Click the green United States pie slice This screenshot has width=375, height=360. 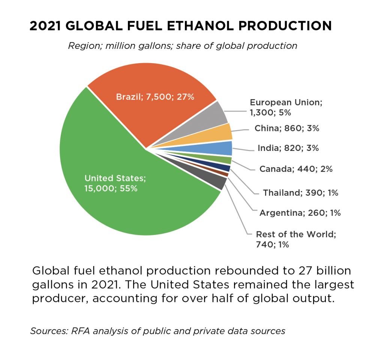124,203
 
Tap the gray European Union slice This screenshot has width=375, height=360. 216,114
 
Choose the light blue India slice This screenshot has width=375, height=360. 224,148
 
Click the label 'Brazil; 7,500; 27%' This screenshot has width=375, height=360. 155,97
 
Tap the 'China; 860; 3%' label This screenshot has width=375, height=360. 287,128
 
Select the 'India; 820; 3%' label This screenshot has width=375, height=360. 288,148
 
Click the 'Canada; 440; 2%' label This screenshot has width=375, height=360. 296,169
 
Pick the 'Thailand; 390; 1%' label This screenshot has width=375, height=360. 300,193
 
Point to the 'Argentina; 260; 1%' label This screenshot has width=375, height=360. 300,213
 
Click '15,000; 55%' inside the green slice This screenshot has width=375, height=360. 111,188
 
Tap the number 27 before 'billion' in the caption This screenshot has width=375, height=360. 299,271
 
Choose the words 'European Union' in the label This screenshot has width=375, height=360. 286,102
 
